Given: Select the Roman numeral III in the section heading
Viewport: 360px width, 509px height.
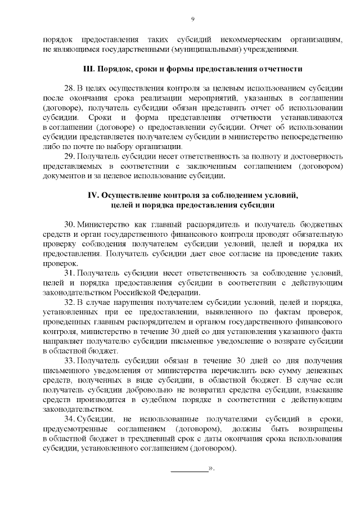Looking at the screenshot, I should point(88,69).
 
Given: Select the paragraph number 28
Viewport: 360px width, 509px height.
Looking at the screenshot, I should point(69,89).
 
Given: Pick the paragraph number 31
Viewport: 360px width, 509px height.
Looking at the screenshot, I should point(69,272).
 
